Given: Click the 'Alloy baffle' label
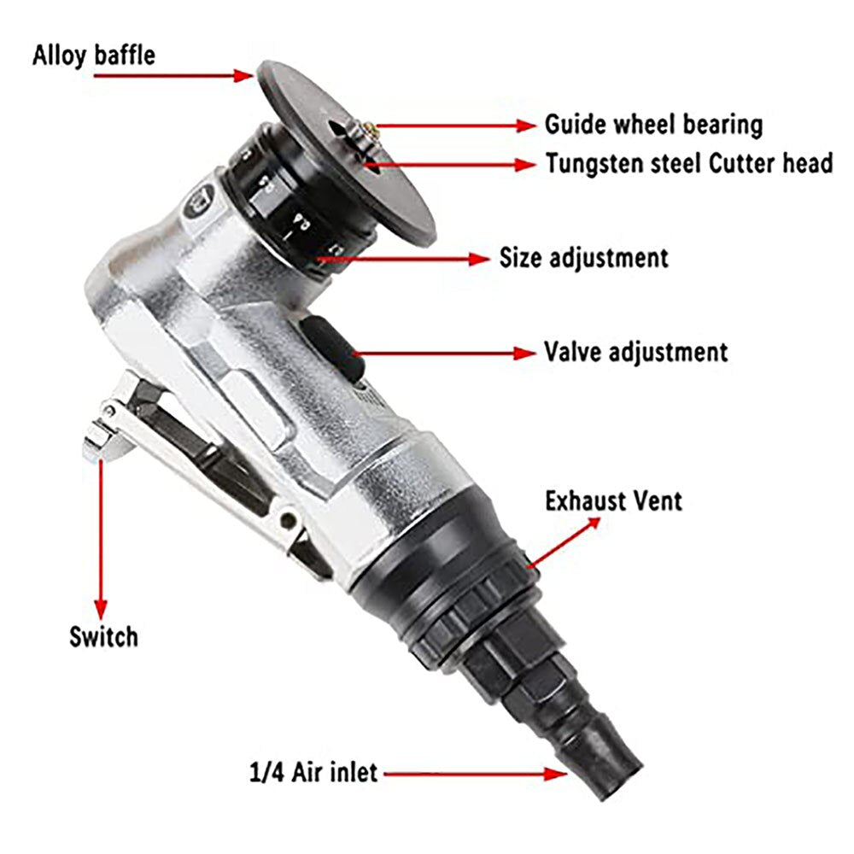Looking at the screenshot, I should point(94,56).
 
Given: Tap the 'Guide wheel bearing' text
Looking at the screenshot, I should point(653,125).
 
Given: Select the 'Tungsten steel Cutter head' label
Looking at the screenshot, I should point(689,162).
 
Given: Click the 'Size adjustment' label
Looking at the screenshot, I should point(583,256).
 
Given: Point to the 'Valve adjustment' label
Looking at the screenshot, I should point(635,351).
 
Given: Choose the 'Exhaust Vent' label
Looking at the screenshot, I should point(613,500).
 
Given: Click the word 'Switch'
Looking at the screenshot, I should point(103,635).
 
